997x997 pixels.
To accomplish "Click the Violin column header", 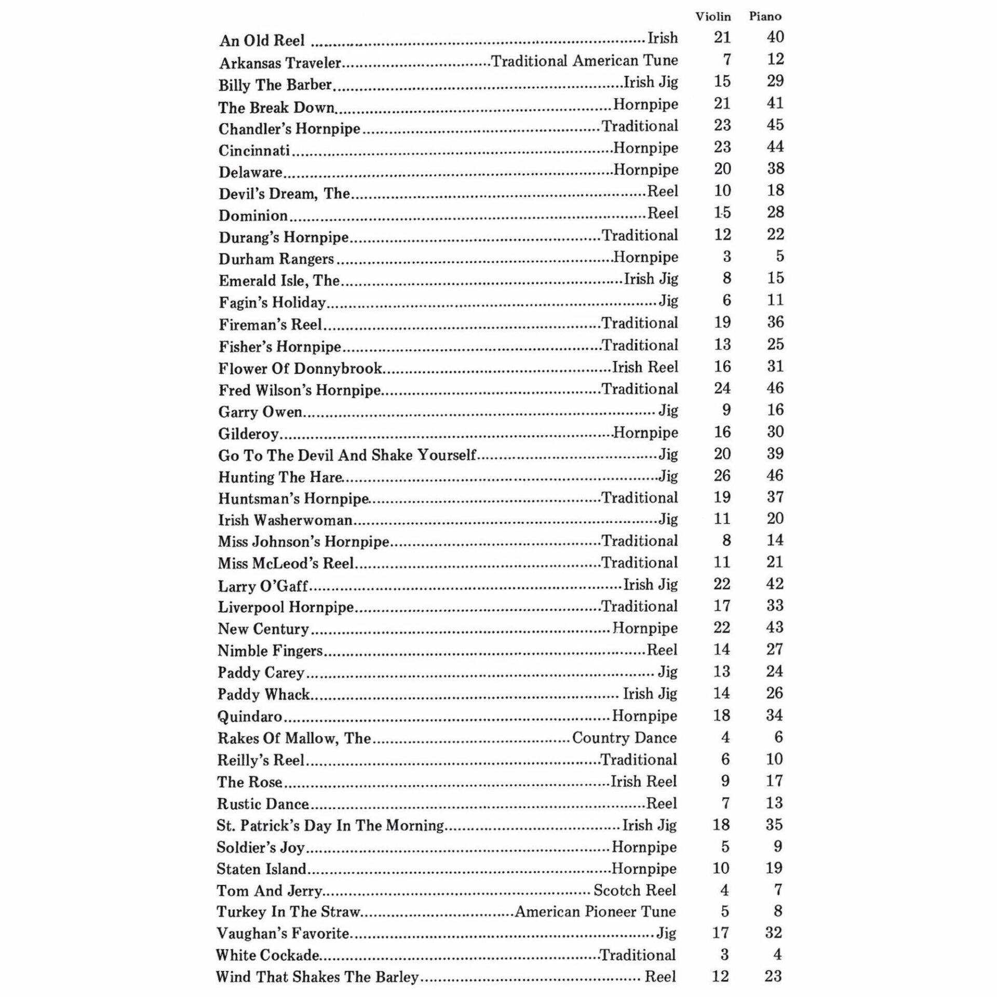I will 713,17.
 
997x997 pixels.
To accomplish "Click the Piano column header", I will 765,17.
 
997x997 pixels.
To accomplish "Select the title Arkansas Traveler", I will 280,63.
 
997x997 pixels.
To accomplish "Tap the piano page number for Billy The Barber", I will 775,81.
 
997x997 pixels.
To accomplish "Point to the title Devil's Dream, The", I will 284,194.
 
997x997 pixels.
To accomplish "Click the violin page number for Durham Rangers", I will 726,257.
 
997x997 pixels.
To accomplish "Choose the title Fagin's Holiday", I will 272,302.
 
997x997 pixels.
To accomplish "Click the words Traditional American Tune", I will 584,61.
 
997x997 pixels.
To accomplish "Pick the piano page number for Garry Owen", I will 775,410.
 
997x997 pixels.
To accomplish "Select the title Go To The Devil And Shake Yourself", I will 347,455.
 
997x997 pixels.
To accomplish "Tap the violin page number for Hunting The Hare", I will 722,476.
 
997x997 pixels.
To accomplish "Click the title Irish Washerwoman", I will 285,520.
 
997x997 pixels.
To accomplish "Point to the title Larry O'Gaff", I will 263,586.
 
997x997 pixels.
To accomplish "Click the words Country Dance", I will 624,738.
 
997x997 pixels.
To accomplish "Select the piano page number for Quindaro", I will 774,715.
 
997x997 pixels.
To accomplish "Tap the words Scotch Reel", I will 635,891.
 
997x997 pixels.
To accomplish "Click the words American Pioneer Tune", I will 595,912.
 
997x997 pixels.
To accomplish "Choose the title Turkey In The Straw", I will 288,912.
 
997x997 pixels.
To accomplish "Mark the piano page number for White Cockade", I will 777,955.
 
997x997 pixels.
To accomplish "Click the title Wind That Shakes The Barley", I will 317,977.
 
